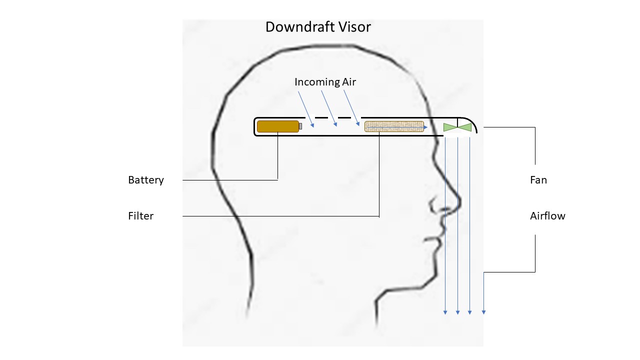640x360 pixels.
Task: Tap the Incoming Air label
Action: point(325,82)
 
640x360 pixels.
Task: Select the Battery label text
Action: point(146,180)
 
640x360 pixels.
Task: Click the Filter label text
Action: point(141,216)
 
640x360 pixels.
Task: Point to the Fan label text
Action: point(538,180)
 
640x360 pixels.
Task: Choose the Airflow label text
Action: point(547,216)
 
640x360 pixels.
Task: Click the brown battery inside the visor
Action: point(277,126)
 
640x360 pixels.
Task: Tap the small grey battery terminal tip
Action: point(300,126)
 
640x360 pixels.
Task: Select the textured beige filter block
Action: point(394,126)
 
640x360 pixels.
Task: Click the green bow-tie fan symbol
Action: point(457,127)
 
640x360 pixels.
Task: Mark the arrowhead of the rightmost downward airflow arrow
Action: point(483,312)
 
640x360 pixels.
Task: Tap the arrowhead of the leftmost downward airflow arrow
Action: point(445,312)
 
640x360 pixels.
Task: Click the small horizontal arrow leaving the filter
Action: point(424,127)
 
